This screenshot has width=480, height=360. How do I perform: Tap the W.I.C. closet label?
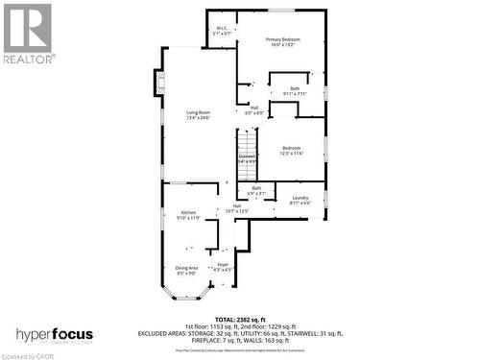coord(222,31)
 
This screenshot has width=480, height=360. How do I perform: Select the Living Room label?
coord(197,115)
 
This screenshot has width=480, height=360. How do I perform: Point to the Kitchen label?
coord(189,215)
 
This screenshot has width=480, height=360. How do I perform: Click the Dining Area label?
coord(186,270)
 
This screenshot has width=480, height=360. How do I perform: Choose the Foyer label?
coord(222,266)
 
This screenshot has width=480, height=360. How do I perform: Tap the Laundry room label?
coord(300,200)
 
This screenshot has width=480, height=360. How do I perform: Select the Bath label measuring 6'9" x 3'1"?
coord(256,190)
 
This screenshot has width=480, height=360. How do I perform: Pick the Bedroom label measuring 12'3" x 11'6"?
coord(291,151)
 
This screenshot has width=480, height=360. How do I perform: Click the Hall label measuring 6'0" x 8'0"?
coord(253,110)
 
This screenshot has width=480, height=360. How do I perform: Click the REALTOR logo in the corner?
coord(28,33)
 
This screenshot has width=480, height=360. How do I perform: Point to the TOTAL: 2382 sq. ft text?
coord(252,318)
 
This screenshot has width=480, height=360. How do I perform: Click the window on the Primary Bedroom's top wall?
coord(281,11)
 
